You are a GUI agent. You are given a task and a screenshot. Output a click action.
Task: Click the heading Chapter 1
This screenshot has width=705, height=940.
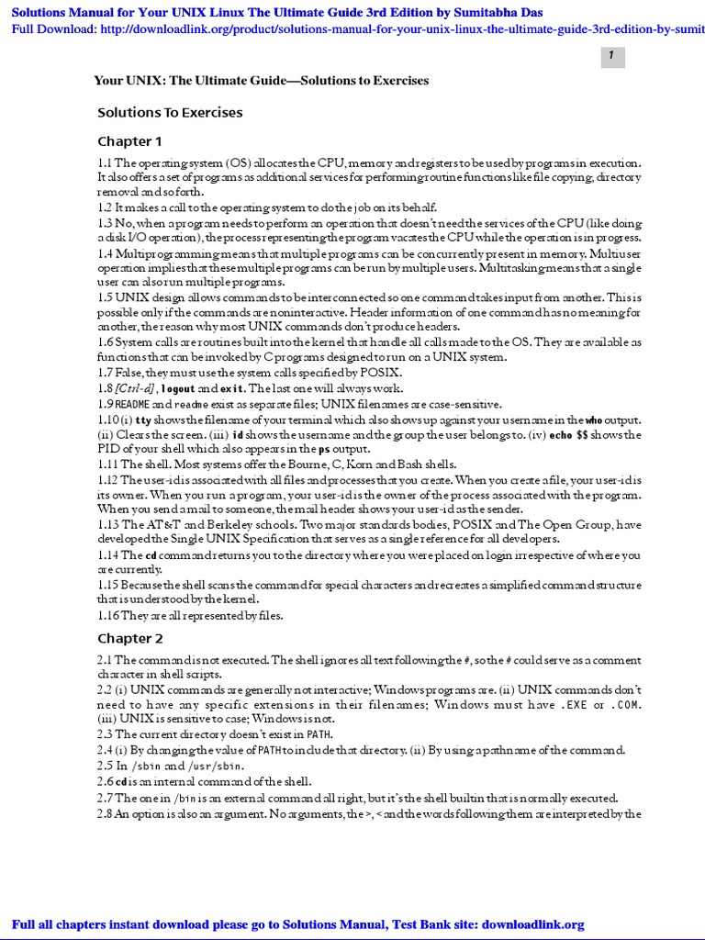[x=129, y=141]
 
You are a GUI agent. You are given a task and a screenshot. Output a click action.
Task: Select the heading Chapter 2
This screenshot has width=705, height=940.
[x=130, y=638]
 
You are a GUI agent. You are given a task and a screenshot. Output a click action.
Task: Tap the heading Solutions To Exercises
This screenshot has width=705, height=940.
[x=170, y=113]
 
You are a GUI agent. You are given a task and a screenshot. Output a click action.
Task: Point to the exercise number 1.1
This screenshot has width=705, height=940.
[x=106, y=162]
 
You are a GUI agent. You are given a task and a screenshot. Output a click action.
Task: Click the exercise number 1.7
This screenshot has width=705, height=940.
[x=106, y=373]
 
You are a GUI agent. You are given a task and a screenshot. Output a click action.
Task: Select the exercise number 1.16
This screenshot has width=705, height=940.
[x=108, y=615]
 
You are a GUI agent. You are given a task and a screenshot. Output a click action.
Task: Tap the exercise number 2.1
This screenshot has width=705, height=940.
[x=105, y=660]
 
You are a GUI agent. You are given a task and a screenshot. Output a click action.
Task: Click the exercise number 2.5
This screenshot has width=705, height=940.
[x=105, y=766]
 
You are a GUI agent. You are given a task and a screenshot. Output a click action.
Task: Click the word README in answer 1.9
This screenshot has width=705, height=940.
[x=132, y=404]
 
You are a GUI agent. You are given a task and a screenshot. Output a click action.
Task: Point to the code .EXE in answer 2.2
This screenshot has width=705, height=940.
[x=574, y=705]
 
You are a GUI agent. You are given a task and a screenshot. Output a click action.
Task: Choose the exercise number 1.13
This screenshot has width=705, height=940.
[x=108, y=524]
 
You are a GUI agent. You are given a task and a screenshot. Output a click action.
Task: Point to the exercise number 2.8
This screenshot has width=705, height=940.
[x=105, y=814]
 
